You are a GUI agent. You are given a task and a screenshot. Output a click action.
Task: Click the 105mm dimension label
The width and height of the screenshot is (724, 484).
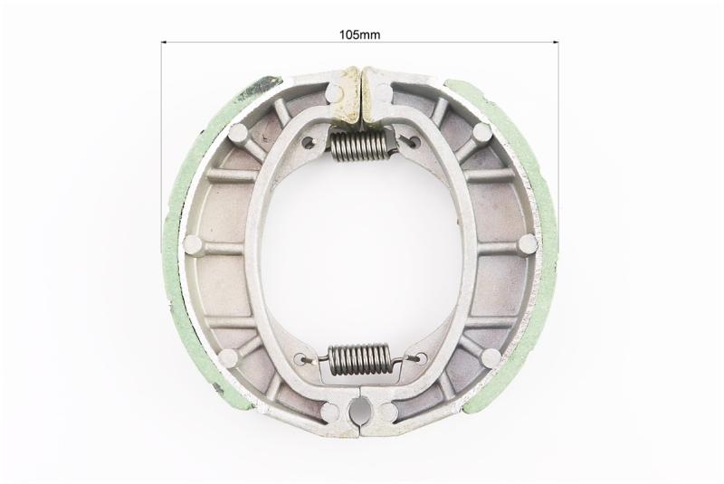tap(359, 34)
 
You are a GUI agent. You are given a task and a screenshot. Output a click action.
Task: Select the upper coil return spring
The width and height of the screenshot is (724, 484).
tap(361, 146)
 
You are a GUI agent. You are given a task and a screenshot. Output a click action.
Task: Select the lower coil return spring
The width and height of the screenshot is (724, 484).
tap(357, 360)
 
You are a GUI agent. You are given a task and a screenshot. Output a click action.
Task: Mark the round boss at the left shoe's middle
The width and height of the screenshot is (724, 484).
tap(193, 244)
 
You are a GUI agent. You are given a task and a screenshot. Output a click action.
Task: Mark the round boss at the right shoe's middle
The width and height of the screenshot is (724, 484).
tap(528, 243)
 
